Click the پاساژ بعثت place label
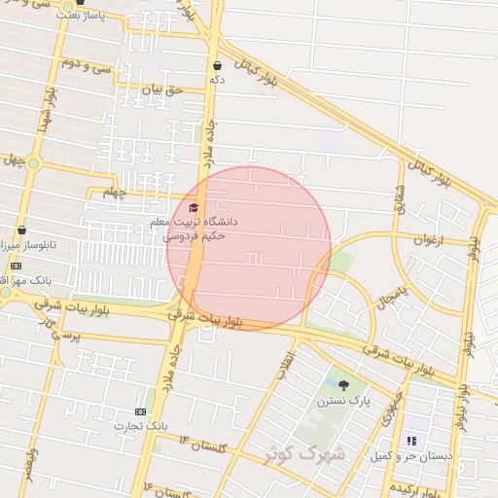(80, 17)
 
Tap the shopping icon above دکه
(217, 65)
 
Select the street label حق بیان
(162, 89)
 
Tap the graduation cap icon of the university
(193, 207)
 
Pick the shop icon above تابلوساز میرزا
(21, 231)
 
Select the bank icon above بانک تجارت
(142, 411)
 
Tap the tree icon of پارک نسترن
(342, 384)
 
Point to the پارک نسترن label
(342, 400)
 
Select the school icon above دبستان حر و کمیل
(410, 441)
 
